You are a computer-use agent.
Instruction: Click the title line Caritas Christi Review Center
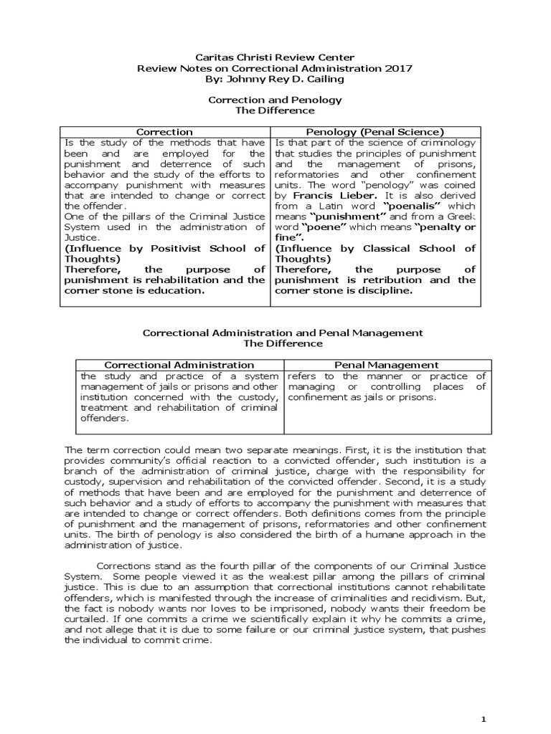(275, 57)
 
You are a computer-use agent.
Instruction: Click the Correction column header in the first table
(164, 132)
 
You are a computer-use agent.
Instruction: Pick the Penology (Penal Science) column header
(375, 132)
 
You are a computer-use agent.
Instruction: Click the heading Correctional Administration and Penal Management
(283, 333)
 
